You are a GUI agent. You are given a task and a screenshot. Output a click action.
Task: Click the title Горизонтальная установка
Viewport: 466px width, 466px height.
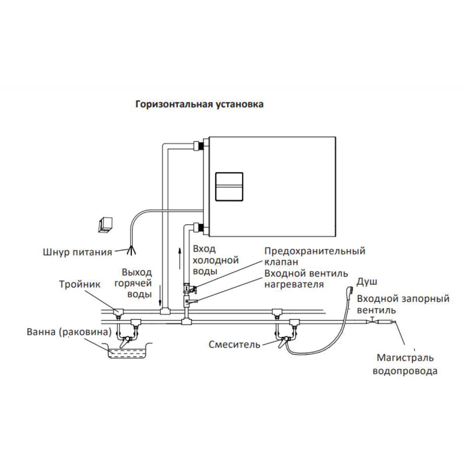click(x=199, y=104)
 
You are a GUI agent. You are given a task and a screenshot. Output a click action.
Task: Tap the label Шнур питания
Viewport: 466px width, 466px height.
click(x=77, y=252)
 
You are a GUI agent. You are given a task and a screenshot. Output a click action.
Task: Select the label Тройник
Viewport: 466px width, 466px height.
click(x=80, y=284)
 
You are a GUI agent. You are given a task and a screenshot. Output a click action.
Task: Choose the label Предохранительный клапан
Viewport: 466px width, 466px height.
click(x=315, y=256)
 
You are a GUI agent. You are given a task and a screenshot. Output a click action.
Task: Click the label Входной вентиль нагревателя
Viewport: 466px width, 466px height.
click(x=306, y=279)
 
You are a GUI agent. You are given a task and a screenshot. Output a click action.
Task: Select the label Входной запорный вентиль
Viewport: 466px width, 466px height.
click(x=403, y=304)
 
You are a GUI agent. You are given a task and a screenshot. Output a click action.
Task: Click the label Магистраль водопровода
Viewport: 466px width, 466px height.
click(x=405, y=364)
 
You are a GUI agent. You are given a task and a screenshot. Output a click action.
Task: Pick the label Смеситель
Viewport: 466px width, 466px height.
click(x=234, y=344)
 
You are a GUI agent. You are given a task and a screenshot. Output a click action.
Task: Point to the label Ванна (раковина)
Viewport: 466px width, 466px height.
click(x=69, y=332)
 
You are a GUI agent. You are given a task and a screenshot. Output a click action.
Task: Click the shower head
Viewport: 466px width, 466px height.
click(x=349, y=291)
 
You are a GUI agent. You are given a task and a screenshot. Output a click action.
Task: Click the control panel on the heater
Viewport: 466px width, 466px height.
click(x=229, y=186)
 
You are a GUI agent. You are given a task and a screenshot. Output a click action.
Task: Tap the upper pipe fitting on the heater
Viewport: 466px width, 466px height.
click(x=199, y=146)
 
